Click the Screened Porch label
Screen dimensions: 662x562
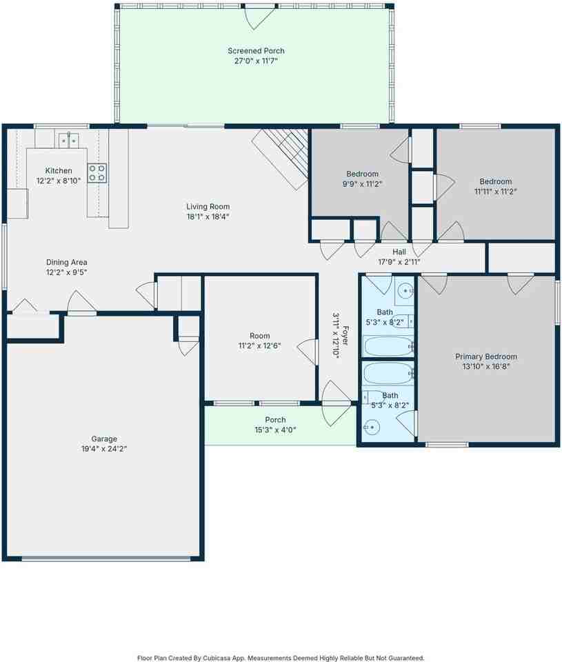256,51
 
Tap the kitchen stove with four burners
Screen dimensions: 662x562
97,172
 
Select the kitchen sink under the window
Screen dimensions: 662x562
68,140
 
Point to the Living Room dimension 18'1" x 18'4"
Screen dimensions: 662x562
208,217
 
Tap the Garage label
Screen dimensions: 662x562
104,439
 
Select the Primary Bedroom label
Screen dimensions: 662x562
485,357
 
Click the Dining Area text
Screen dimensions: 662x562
66,262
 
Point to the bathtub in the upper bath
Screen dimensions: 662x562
388,346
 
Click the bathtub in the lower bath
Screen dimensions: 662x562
388,373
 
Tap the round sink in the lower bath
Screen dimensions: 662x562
372,428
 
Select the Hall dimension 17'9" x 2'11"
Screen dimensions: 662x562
399,262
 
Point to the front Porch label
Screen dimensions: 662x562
275,420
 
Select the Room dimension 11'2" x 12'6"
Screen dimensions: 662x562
260,345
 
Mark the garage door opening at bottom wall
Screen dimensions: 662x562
105,558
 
